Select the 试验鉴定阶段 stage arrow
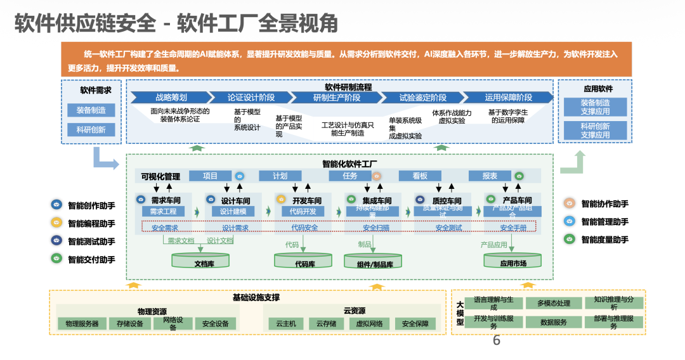(422, 98)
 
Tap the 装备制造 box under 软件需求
(91, 110)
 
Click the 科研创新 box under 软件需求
(91, 130)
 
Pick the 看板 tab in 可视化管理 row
(419, 176)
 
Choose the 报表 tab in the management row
(490, 176)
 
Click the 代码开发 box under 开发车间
(303, 211)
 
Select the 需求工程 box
(163, 211)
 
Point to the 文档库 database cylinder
(200, 261)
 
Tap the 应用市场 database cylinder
(512, 261)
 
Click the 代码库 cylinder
(303, 261)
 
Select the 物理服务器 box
(82, 323)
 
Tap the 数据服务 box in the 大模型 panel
(554, 322)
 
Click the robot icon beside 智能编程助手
(56, 222)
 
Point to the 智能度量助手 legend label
(605, 240)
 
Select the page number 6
(497, 341)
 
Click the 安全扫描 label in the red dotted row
(376, 228)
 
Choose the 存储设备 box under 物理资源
(129, 323)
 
